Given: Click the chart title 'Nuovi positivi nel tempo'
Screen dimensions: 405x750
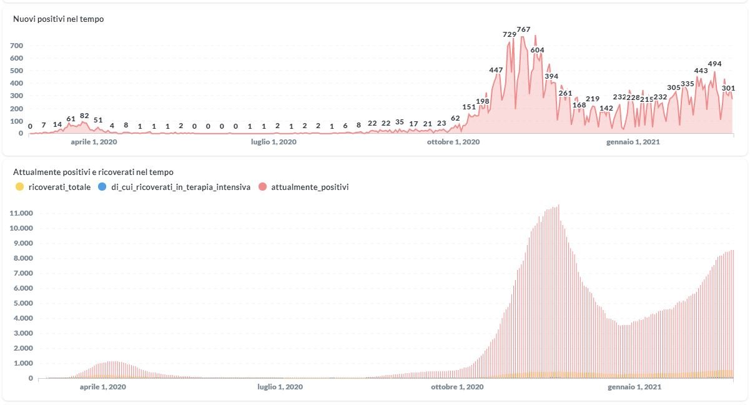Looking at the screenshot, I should point(59,19).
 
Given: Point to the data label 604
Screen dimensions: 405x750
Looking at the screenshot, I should point(537,50).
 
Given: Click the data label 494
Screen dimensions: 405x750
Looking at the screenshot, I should point(714,64).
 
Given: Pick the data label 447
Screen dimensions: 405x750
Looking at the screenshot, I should point(496,70).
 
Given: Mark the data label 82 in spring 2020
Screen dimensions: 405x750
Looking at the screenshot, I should point(84,116).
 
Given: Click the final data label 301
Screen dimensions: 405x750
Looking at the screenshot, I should point(728,88).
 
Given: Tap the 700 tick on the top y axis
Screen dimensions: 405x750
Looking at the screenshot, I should point(17,46).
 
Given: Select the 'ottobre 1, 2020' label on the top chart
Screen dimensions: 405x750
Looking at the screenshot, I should point(453,142).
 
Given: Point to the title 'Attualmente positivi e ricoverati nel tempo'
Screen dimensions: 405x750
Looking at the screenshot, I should point(93,172).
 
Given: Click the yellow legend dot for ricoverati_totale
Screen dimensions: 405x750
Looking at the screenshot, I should point(19,187).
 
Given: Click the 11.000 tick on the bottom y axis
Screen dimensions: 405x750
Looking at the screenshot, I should point(21,213).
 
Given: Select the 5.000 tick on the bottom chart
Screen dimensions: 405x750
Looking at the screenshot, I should point(23,303).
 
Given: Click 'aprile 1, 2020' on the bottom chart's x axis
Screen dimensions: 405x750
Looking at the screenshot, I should point(103,387).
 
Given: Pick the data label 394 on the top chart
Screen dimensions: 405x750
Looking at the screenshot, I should point(551,76).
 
